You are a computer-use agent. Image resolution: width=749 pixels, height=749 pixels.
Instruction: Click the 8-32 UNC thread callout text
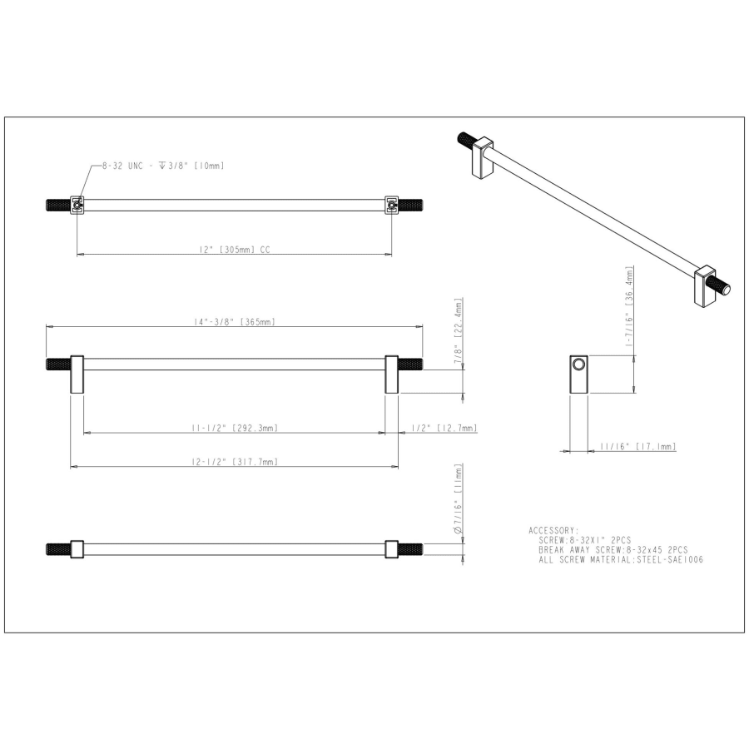[x=163, y=166]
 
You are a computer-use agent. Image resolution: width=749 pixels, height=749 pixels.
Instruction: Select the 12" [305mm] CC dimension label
[x=235, y=250]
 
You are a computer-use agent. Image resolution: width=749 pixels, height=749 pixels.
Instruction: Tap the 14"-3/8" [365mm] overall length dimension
[x=235, y=321]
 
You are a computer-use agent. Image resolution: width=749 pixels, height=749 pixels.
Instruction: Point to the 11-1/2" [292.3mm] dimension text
[x=235, y=428]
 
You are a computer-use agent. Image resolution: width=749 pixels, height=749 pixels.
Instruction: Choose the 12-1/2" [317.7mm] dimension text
[x=235, y=462]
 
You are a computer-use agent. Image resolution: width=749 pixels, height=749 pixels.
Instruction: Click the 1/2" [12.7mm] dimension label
[x=444, y=428]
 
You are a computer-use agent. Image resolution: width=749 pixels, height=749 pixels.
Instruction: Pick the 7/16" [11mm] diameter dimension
[x=459, y=499]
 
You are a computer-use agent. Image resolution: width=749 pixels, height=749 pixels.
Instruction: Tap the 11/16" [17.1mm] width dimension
[x=638, y=446]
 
